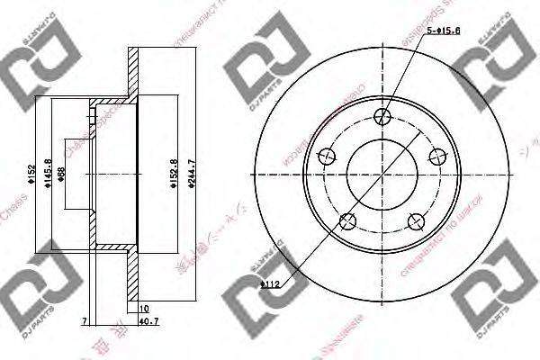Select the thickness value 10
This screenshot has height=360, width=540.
(143, 309)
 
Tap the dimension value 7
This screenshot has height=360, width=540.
(84, 320)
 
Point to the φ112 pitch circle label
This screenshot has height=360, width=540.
(273, 286)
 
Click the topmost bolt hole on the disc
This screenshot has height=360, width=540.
(381, 114)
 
